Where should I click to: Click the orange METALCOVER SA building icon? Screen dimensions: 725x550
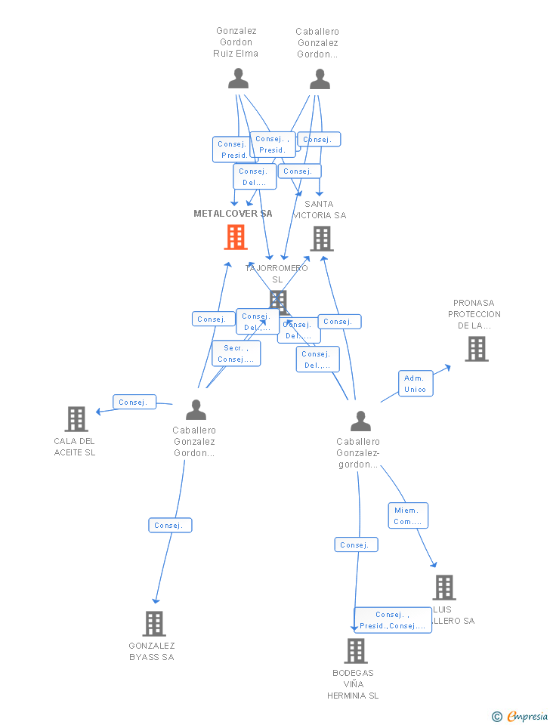pyautogui.click(x=236, y=237)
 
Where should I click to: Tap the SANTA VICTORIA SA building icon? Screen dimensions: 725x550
pyautogui.click(x=322, y=239)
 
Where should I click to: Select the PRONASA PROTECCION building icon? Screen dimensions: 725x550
pyautogui.click(x=476, y=349)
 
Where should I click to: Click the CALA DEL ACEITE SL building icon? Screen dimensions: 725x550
pyautogui.click(x=76, y=419)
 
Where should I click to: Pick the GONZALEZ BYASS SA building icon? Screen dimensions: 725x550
pyautogui.click(x=154, y=624)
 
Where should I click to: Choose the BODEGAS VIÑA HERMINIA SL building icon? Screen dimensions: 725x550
pyautogui.click(x=356, y=651)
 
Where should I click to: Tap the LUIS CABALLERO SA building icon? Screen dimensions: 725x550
pyautogui.click(x=444, y=588)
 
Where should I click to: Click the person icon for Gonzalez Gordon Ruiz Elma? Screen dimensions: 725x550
pyautogui.click(x=238, y=79)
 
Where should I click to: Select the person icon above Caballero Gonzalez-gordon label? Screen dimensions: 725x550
pyautogui.click(x=361, y=421)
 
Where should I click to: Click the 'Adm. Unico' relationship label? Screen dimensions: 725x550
pyautogui.click(x=415, y=384)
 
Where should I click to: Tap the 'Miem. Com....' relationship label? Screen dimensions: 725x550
pyautogui.click(x=408, y=516)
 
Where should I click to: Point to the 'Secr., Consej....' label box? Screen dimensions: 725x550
pyautogui.click(x=236, y=353)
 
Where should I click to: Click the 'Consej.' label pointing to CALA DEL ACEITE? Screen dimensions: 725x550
pyautogui.click(x=134, y=403)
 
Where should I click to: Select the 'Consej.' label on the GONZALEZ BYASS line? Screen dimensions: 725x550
pyautogui.click(x=170, y=525)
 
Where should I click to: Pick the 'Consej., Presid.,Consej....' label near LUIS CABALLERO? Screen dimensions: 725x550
pyautogui.click(x=392, y=620)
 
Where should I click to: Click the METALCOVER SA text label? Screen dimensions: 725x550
pyautogui.click(x=233, y=214)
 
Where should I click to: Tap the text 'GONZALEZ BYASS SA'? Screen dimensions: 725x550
pyautogui.click(x=152, y=651)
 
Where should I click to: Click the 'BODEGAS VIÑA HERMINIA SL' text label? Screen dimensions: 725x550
pyautogui.click(x=353, y=683)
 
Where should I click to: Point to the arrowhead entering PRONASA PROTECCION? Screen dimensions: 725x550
pyautogui.click(x=448, y=367)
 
